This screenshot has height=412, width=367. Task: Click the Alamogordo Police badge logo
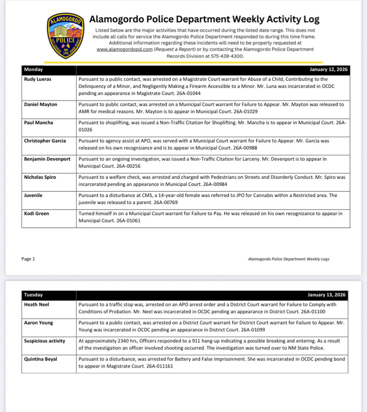[65, 36]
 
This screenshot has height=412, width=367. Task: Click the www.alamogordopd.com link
[125, 49]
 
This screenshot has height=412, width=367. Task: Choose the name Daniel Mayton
[41, 104]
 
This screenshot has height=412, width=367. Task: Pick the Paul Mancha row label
[39, 122]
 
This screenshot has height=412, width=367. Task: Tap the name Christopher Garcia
[45, 141]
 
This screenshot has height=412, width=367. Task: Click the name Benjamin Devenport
[47, 159]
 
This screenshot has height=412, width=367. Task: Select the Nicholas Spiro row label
[40, 177]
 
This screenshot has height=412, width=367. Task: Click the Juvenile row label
[34, 195]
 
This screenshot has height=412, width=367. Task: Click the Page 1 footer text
[28, 259]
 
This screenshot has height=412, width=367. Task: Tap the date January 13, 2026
[326, 295]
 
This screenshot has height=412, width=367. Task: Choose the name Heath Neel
[36, 304]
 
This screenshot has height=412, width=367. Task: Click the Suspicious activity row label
[44, 341]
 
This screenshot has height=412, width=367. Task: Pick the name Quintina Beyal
[40, 359]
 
